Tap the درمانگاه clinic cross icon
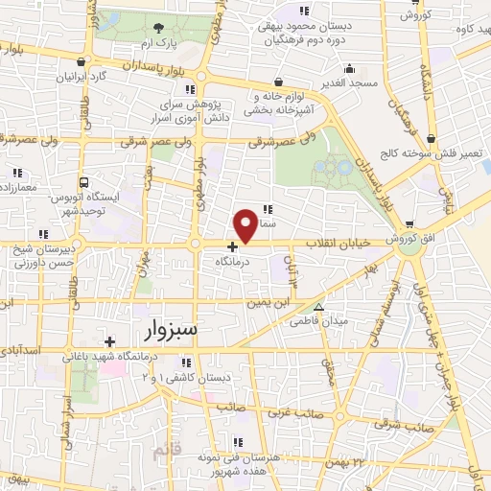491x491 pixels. (x=232, y=246)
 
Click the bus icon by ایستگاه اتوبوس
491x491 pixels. (x=85, y=181)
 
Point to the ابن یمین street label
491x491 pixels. (x=269, y=302)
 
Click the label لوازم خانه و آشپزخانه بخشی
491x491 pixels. (x=278, y=104)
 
